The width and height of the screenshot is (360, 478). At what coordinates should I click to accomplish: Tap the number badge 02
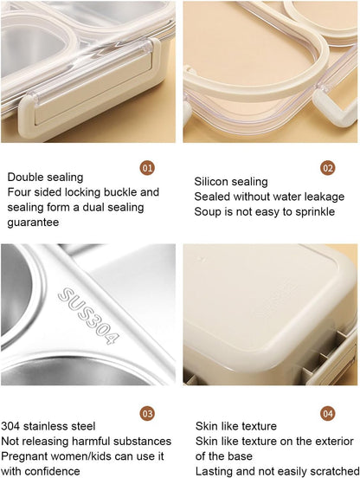[x=328, y=167]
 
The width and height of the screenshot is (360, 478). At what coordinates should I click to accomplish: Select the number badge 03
[x=147, y=413]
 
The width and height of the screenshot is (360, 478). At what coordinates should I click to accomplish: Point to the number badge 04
[x=328, y=413]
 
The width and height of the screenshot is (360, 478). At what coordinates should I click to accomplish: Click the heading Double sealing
[x=46, y=178]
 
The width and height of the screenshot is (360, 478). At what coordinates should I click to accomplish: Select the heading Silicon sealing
[x=231, y=182]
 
